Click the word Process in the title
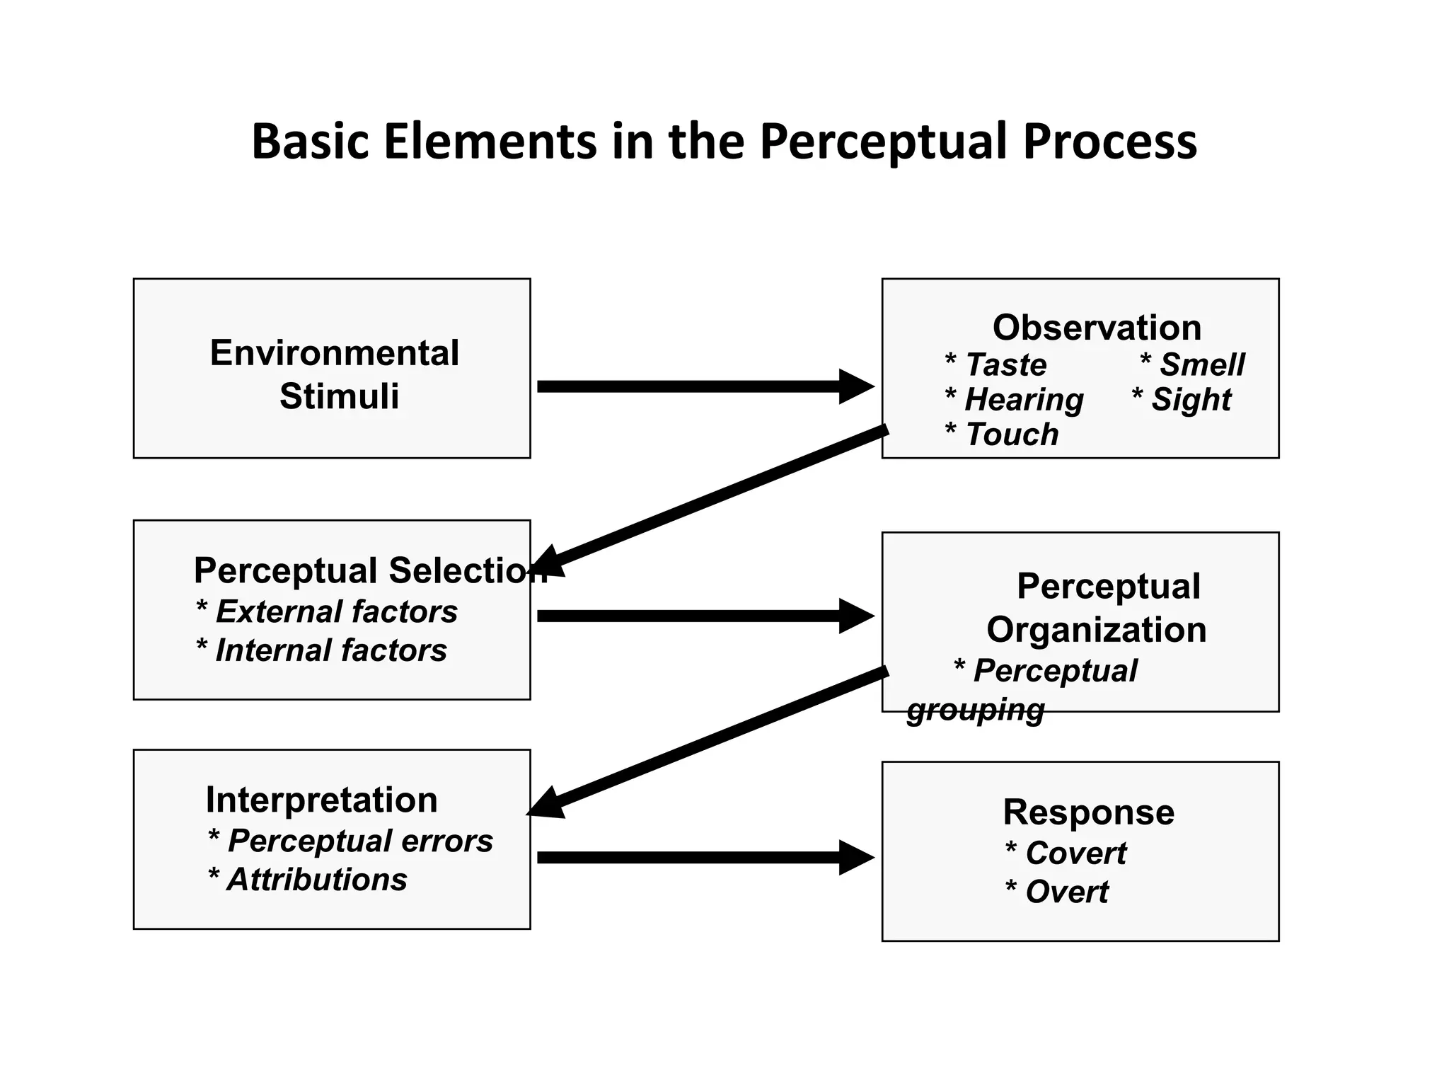(1109, 142)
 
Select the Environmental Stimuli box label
(334, 374)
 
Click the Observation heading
(1097, 328)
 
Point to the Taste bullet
(996, 365)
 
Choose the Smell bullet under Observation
(1193, 365)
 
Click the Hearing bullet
(1015, 400)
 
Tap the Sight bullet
(1182, 400)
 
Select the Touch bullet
(1002, 435)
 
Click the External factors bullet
(327, 612)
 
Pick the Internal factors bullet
(322, 650)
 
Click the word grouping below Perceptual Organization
(976, 710)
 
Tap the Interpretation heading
(322, 800)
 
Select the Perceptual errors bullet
(351, 841)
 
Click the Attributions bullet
(308, 880)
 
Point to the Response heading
(1088, 812)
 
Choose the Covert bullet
(1066, 853)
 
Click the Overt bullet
(1057, 892)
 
